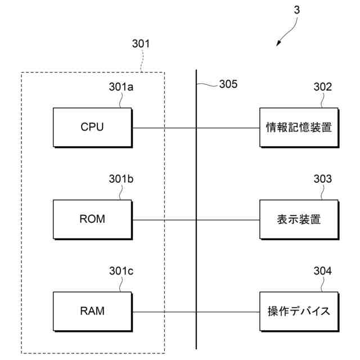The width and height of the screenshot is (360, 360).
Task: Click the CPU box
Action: pos(93,128)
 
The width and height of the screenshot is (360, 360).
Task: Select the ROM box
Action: pos(93,219)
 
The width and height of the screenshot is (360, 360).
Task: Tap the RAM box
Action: pos(93,312)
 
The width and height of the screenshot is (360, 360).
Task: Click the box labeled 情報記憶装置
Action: pos(299,128)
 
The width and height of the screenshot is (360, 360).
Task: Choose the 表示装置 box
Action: pos(299,219)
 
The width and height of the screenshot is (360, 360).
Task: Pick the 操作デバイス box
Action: pos(299,312)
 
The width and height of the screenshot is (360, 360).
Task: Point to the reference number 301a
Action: pos(121,87)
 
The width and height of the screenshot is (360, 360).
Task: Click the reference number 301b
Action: pos(121,179)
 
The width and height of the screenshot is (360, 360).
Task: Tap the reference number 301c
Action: pos(121,271)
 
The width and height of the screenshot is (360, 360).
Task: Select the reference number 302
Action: pos(322,87)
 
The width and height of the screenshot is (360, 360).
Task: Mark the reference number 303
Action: pos(322,179)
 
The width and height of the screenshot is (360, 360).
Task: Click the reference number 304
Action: pos(322,271)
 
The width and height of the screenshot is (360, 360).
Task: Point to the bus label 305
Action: pos(228,84)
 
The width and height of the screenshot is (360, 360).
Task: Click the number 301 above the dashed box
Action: pos(141,44)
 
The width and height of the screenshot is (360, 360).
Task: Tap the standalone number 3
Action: pos(296,10)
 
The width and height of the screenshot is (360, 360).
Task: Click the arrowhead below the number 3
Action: pos(278,43)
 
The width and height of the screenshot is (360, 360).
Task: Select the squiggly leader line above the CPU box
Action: pos(121,100)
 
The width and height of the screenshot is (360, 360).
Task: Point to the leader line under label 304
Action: pos(322,284)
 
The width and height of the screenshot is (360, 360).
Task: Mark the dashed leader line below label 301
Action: pos(142,61)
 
